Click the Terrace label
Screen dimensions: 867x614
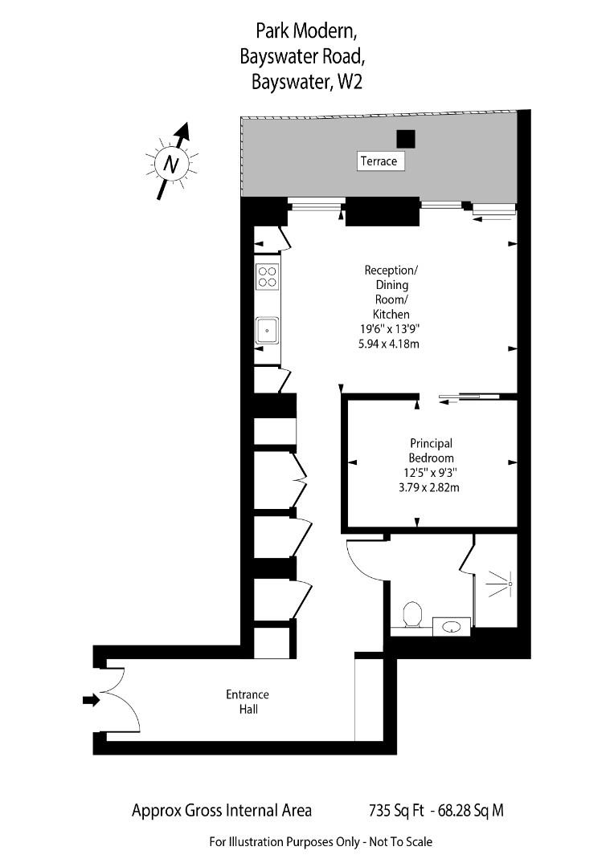click(x=379, y=161)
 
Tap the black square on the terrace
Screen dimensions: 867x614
click(x=407, y=139)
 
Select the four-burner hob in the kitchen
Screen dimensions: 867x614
click(x=268, y=276)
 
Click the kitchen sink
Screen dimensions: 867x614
click(x=267, y=331)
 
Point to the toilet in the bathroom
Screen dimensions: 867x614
click(x=412, y=614)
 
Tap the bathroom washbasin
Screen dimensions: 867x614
click(x=451, y=626)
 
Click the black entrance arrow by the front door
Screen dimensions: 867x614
click(x=91, y=700)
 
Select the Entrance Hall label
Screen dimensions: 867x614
click(x=247, y=702)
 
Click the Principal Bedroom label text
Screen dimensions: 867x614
click(x=432, y=450)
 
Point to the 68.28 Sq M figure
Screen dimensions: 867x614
click(x=473, y=810)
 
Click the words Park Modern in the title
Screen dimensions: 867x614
click(x=305, y=31)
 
